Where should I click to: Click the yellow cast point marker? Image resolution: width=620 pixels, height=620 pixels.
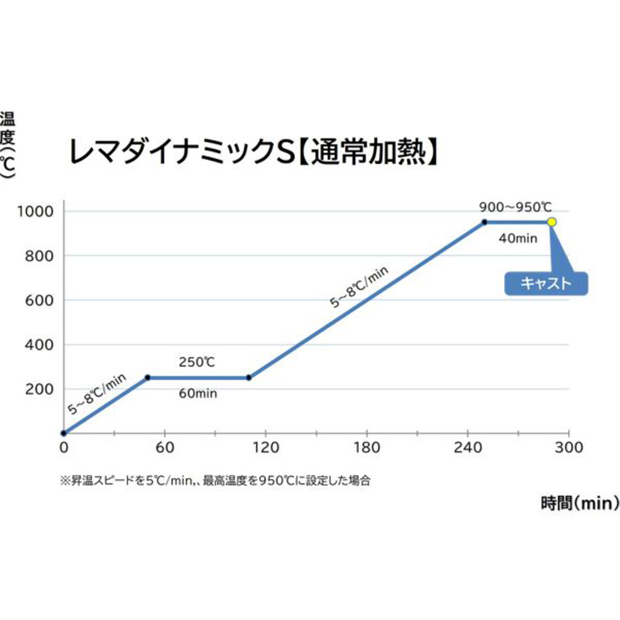[x=552, y=222]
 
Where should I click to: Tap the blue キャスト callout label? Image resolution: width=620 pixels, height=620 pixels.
[x=545, y=283]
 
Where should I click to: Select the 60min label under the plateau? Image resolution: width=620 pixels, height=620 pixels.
[x=198, y=393]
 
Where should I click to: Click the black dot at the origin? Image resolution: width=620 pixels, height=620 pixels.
[x=63, y=433]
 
